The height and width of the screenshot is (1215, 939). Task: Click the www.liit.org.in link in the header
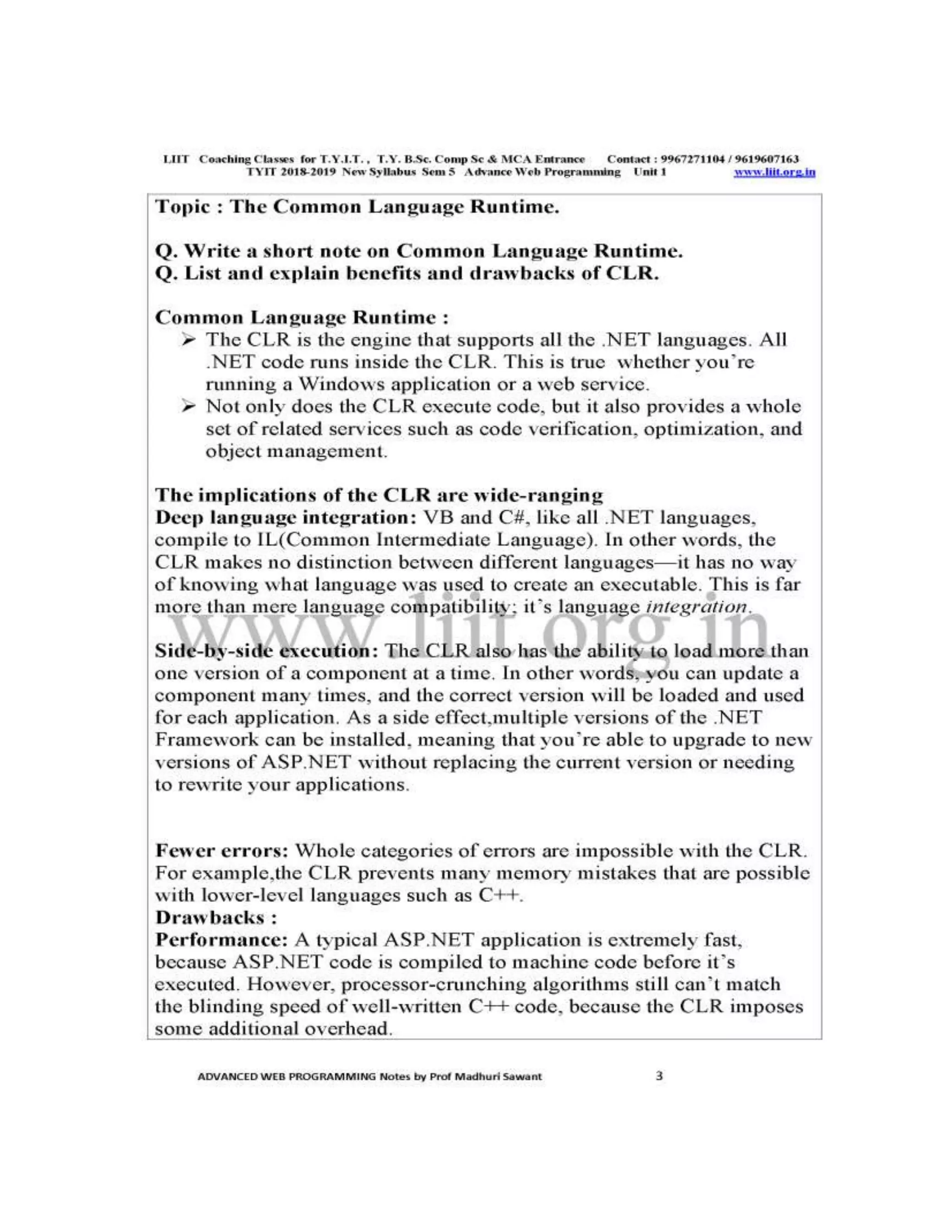[774, 172]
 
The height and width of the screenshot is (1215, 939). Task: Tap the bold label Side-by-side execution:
[266, 651]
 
